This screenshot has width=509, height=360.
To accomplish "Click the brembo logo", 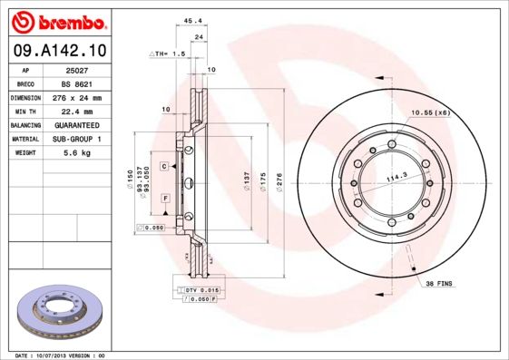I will point(57,21).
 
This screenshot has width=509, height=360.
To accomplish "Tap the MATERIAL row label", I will point(24,140).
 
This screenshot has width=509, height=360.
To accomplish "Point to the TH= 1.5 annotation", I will point(168,54).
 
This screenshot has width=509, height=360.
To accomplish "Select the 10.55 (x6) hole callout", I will point(431,112).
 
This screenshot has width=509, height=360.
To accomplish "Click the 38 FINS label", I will point(439,283).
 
